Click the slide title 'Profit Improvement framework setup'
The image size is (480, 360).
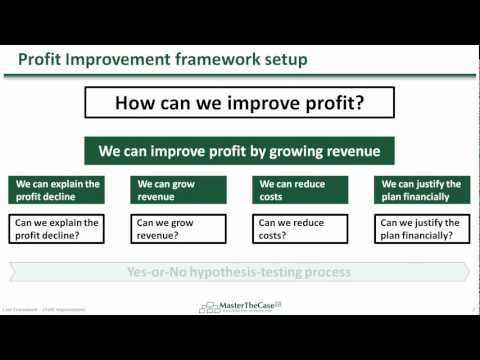[163, 60]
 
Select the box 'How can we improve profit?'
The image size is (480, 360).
[238, 103]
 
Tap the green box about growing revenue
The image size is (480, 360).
[238, 151]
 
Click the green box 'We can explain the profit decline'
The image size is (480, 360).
[55, 190]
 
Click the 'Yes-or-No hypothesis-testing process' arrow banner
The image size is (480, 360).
[238, 272]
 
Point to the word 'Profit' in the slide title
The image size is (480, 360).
[41, 60]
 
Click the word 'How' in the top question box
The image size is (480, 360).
[137, 103]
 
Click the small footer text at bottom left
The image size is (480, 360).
[44, 310]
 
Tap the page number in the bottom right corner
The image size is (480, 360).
[472, 310]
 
